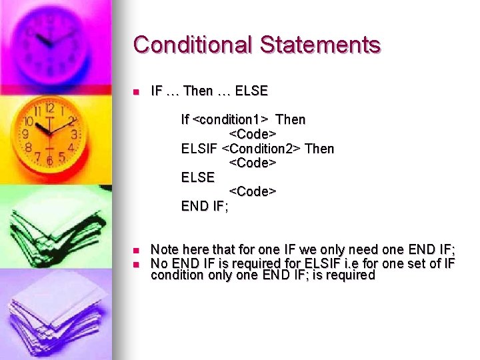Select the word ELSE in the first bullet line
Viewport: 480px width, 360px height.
(253, 91)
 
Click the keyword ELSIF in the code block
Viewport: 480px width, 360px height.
(199, 148)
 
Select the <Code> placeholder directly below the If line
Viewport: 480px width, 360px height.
(253, 134)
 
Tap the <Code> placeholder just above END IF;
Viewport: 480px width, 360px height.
(253, 191)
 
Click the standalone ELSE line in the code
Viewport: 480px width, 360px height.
(198, 177)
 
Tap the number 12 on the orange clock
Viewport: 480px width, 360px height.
(49, 109)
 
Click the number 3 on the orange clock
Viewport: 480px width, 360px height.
(73, 134)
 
